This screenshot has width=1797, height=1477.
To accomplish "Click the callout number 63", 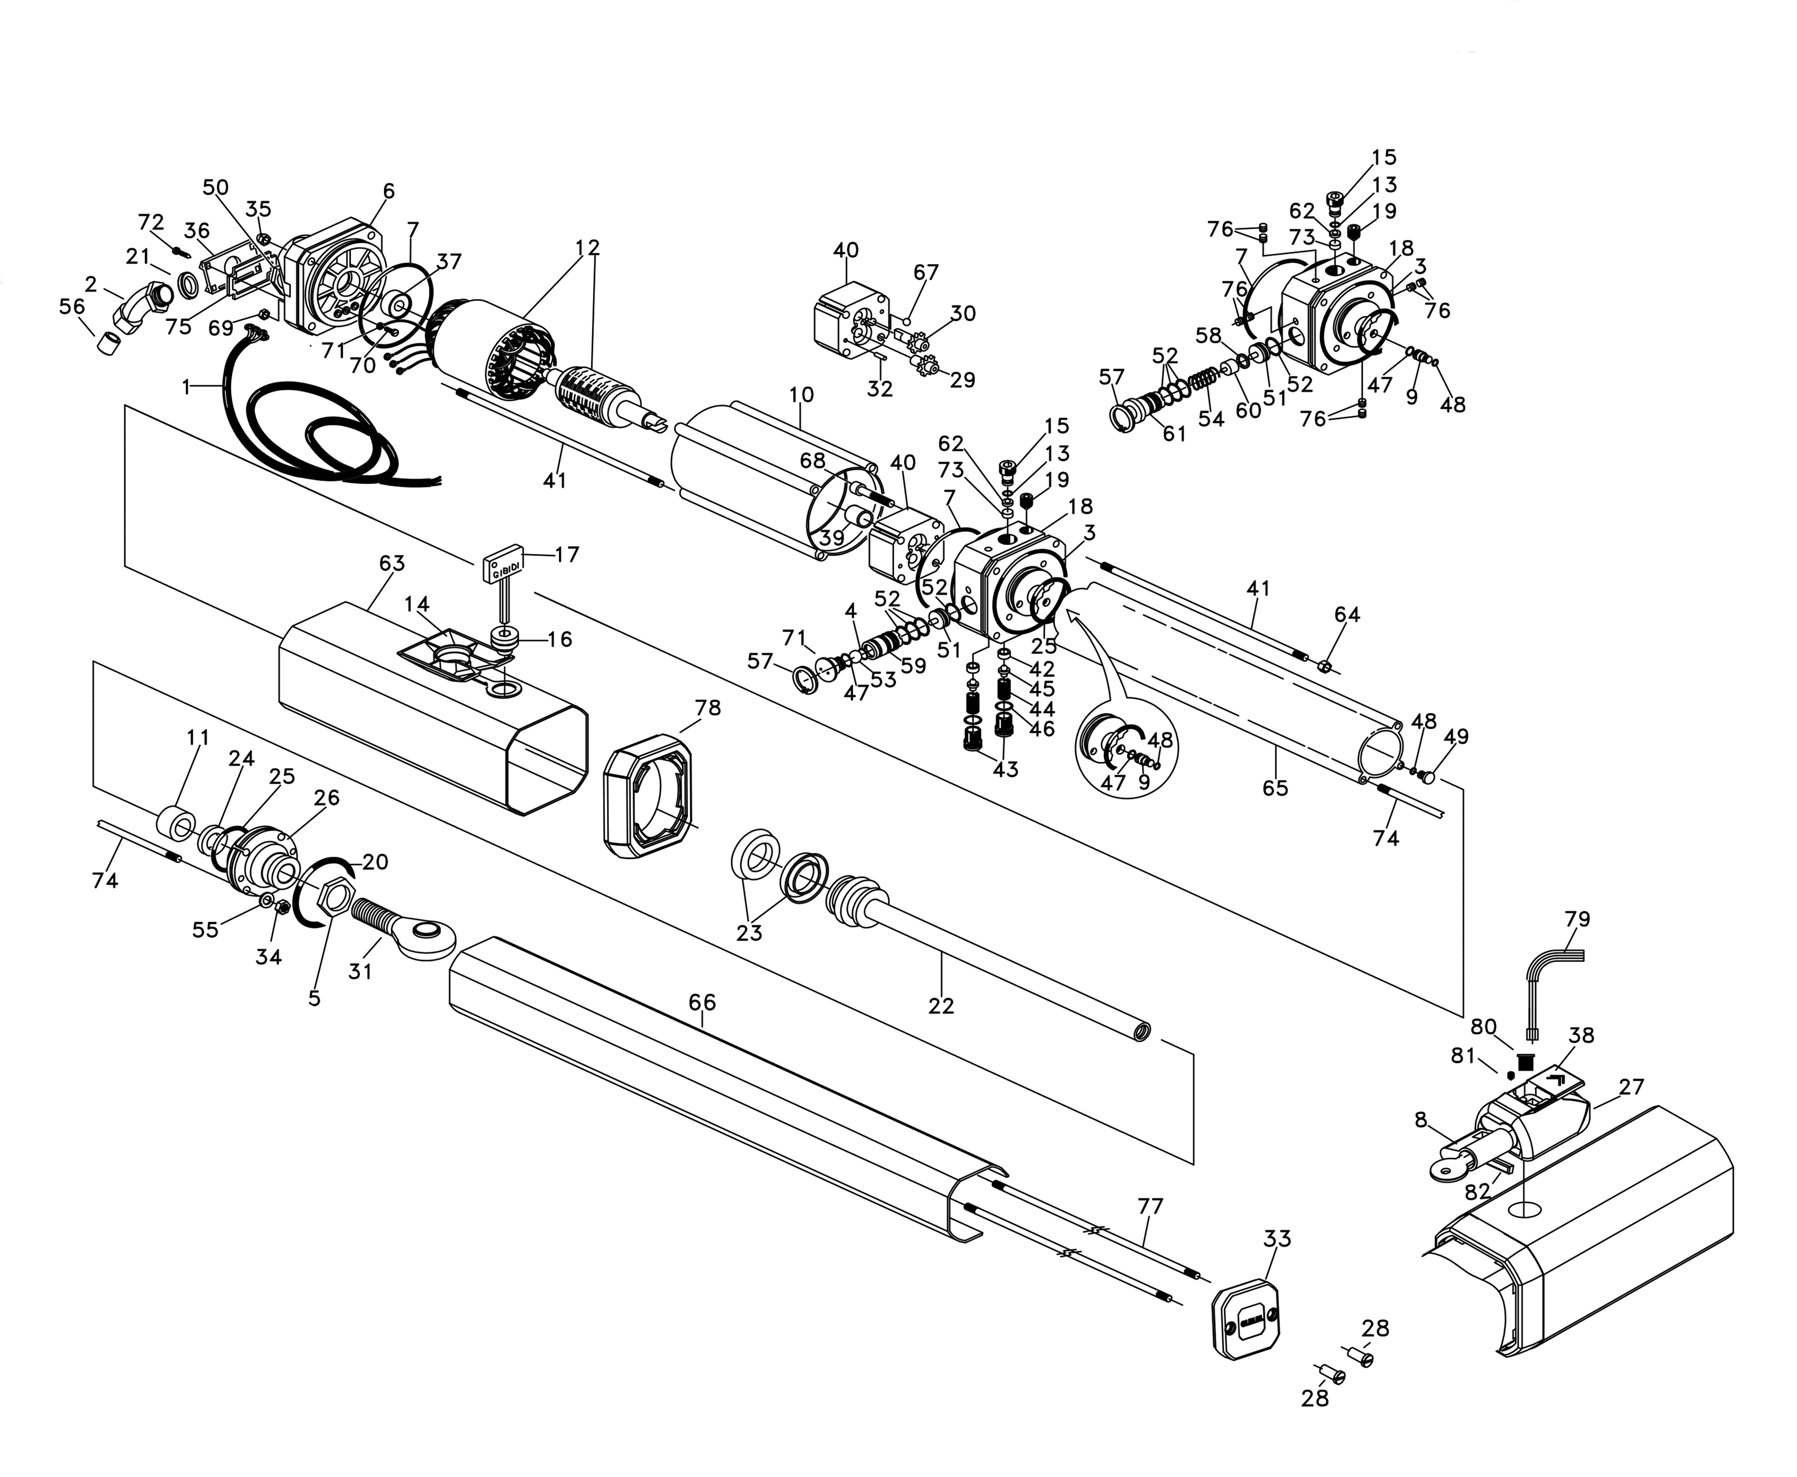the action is [392, 563].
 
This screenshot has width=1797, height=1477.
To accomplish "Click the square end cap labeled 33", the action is [1246, 1325].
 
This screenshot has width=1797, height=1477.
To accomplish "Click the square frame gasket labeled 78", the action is [648, 796].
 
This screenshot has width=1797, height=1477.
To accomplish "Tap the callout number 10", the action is [801, 395].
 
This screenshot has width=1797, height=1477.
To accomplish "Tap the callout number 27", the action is [1631, 1087].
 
